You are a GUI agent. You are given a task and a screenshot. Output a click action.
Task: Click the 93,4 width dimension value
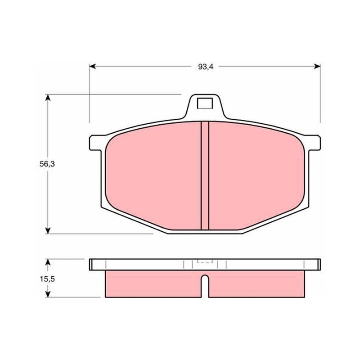click(206, 67)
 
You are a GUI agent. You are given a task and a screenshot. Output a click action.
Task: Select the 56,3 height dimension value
click(47, 164)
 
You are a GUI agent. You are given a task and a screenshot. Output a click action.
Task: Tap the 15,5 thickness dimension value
click(47, 279)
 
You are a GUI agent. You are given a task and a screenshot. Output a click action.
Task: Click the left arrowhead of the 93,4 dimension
click(92, 67)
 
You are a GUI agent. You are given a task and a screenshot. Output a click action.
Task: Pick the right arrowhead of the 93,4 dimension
click(317, 67)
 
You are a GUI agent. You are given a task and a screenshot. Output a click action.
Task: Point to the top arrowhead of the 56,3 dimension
click(48, 97)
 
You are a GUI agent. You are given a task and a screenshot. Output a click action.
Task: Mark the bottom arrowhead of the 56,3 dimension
click(48, 230)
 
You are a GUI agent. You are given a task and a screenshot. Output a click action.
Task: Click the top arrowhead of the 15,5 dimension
click(48, 262)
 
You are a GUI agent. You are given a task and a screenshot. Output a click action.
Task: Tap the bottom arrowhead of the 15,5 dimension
click(48, 294)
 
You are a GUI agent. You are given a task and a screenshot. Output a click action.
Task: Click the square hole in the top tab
click(205, 103)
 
